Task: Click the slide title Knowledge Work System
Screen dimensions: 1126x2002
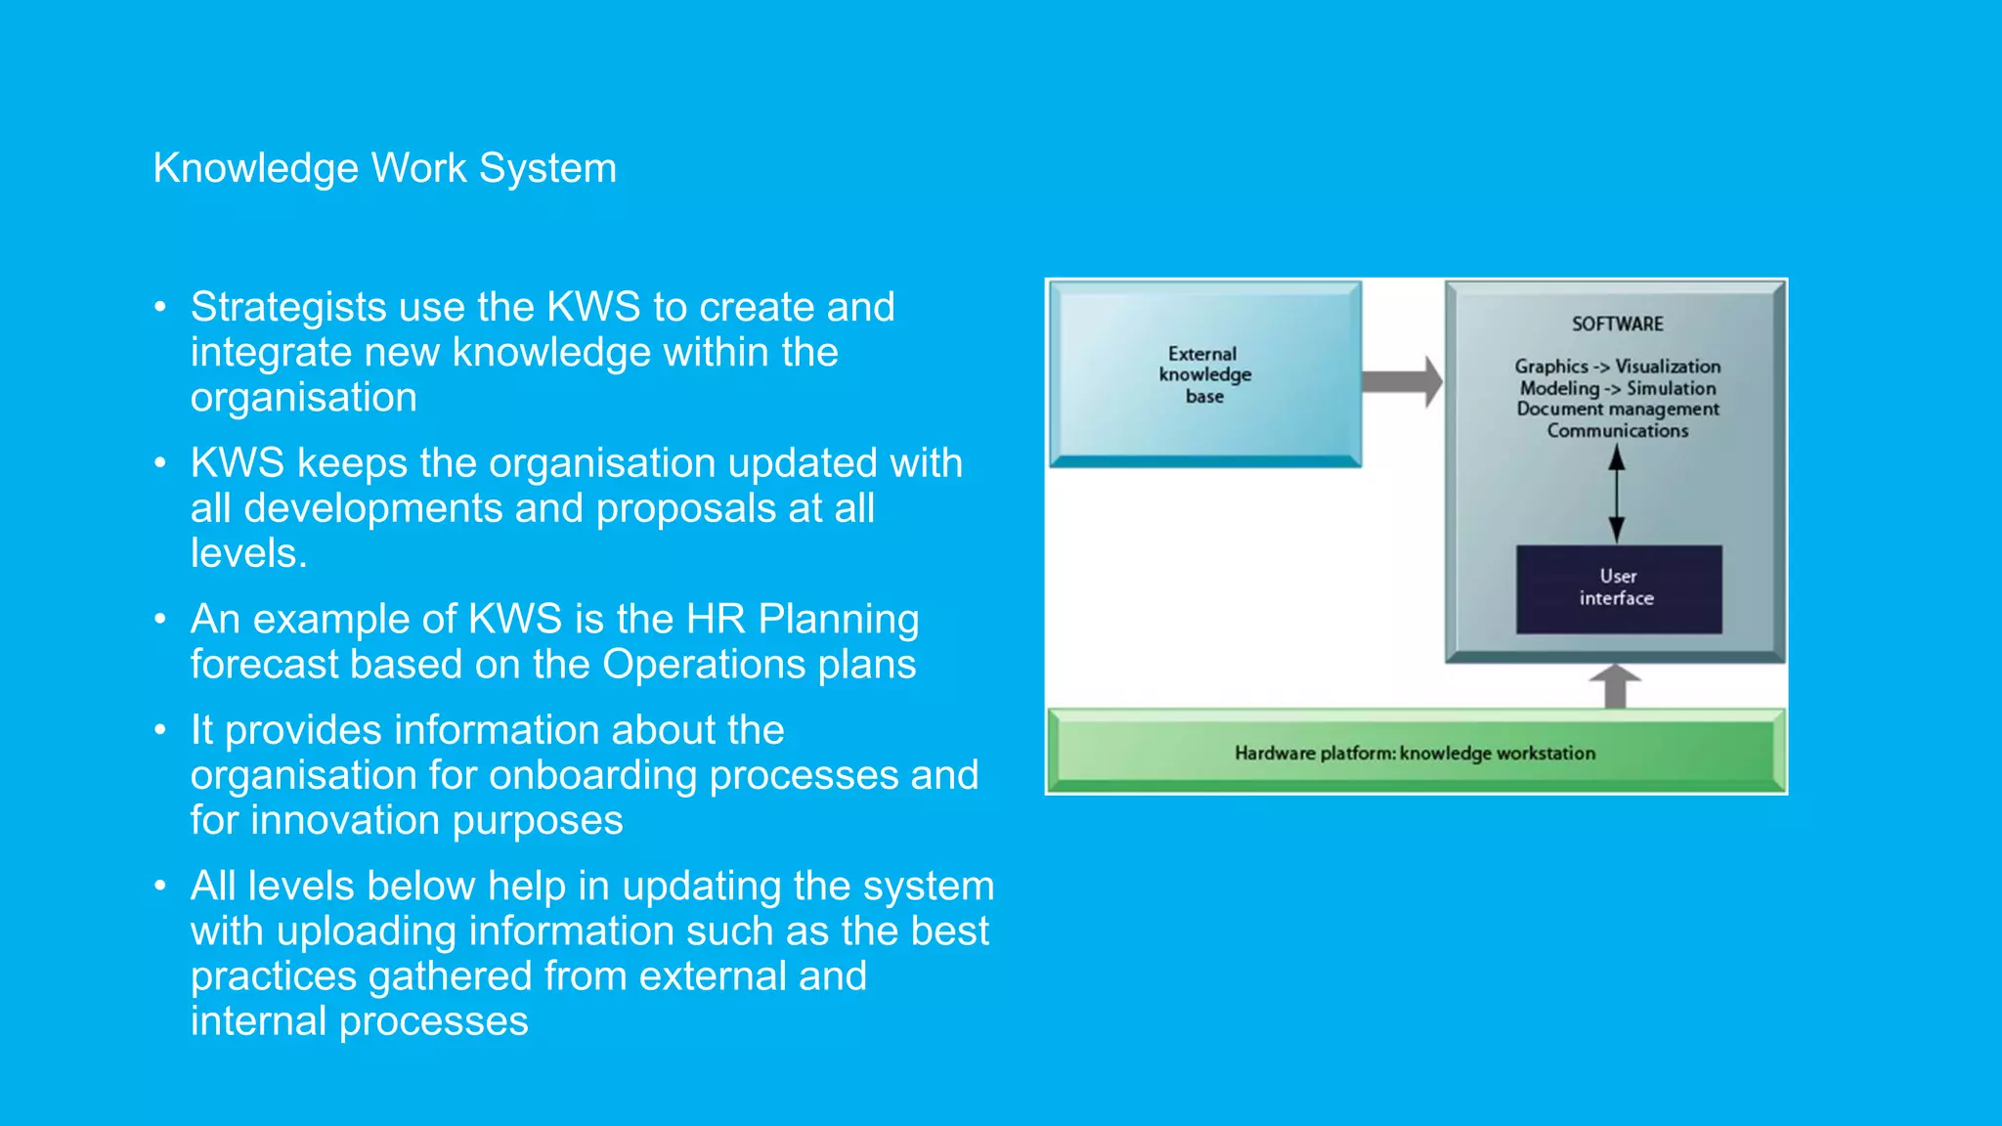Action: (384, 168)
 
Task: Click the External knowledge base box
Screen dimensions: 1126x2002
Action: (1204, 373)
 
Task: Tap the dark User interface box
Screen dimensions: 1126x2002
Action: (1618, 587)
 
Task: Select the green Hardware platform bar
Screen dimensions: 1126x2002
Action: (1414, 753)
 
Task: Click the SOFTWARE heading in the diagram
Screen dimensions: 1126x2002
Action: (1617, 324)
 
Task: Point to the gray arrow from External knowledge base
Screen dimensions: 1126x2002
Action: (1401, 381)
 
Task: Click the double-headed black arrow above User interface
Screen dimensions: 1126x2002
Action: (1617, 494)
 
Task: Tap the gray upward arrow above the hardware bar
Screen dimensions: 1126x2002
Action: (1615, 686)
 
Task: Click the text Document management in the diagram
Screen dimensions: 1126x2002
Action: (1617, 409)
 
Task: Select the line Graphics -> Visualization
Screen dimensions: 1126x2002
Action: (1617, 367)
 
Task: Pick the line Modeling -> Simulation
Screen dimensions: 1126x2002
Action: (1617, 388)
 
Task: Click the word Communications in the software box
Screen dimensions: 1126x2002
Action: (1617, 430)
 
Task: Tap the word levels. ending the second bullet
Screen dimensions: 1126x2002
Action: (248, 553)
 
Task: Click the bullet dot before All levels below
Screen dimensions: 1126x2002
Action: (160, 887)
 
